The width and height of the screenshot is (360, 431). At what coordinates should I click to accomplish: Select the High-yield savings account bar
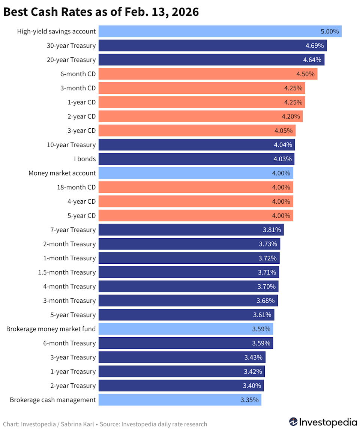pos(220,32)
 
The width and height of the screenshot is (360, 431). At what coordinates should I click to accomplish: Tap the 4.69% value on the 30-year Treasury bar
pos(314,46)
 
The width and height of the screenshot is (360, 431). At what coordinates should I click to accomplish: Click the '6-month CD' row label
pos(78,74)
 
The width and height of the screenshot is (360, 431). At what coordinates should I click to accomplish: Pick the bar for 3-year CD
pos(197,131)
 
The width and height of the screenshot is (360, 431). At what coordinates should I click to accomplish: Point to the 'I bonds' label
pos(84,159)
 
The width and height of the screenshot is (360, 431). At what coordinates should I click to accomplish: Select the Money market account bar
pos(196,173)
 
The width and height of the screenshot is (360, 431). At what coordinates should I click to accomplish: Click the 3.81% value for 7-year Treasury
pos(271,230)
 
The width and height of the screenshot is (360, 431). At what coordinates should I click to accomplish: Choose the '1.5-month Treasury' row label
pos(67,272)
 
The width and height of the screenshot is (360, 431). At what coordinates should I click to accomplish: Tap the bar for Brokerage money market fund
pos(186,329)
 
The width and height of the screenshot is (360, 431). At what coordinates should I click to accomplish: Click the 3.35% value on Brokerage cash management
pos(249,400)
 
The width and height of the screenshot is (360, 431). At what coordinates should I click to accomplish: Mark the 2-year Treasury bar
pos(181,386)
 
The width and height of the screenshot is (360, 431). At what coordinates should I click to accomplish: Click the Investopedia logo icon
pos(293,422)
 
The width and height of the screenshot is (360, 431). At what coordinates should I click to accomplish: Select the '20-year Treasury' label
pos(71,60)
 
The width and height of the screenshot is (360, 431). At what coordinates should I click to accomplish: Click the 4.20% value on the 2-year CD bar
pos(291,117)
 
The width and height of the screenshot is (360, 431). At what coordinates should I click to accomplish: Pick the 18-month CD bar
pos(196,187)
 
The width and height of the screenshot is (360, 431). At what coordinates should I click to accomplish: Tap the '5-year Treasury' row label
pos(73,315)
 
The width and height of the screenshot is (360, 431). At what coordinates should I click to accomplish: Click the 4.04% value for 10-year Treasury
pos(283,145)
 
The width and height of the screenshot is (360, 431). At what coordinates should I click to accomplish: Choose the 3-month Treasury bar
pos(188,301)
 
